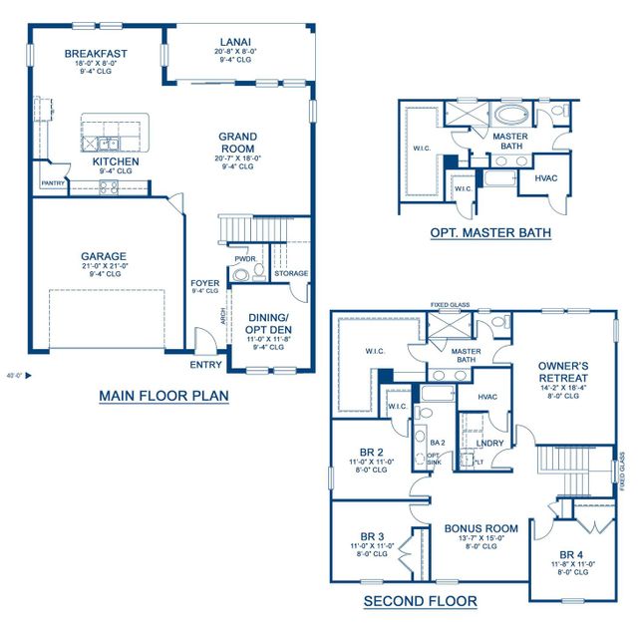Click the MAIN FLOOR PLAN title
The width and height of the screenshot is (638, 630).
[163, 396]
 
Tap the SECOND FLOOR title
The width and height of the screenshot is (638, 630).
[419, 600]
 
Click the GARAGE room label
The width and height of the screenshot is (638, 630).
[104, 256]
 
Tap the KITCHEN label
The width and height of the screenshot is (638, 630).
[116, 161]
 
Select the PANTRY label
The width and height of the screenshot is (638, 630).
[52, 183]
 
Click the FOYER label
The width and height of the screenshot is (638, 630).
[205, 284]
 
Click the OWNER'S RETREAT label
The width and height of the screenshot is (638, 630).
[561, 371]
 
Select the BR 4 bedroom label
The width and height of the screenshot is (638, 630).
[571, 554]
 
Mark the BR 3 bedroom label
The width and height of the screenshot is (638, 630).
[372, 535]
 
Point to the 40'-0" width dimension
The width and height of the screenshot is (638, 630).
[12, 376]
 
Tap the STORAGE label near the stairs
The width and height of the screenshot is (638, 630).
[290, 273]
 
